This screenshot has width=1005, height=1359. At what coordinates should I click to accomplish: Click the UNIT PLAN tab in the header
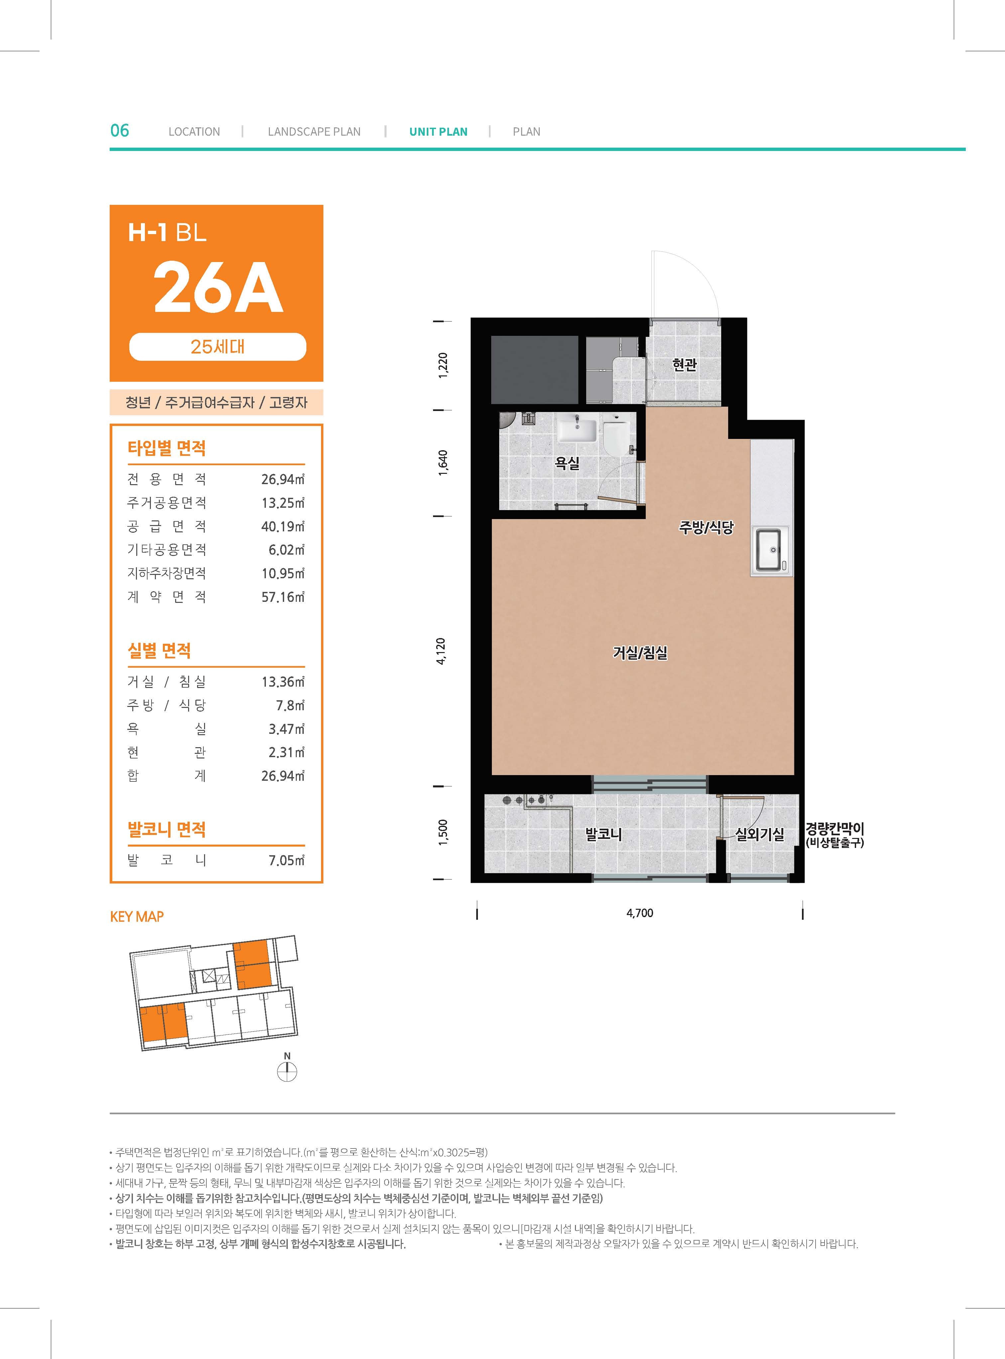438,131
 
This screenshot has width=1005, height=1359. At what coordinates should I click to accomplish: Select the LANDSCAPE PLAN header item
314,131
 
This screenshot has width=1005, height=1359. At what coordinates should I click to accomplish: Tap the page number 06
120,130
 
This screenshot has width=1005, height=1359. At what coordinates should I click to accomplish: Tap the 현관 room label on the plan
684,364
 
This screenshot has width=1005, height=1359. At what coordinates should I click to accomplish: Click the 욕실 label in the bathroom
567,463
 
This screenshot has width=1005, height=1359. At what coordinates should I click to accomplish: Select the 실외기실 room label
760,834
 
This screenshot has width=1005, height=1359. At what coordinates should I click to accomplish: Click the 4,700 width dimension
639,913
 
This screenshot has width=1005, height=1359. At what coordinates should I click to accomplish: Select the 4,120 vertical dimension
442,651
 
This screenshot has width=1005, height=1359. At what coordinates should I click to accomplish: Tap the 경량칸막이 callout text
835,829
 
